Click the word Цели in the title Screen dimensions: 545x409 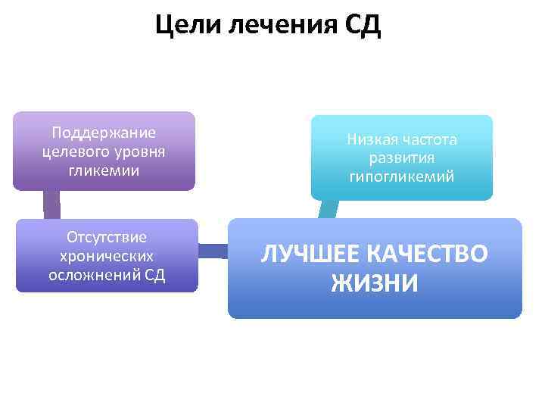(x=185, y=27)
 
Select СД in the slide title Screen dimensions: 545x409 (x=363, y=27)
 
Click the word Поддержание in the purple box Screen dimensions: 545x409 (x=104, y=133)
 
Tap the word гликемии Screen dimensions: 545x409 (x=104, y=170)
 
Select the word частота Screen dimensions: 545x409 (x=431, y=139)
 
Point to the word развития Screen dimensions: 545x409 (x=402, y=158)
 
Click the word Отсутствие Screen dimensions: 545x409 (x=107, y=237)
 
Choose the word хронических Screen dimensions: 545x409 (x=107, y=255)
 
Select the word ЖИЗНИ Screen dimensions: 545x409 (x=375, y=283)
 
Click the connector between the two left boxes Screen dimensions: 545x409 (x=51, y=204)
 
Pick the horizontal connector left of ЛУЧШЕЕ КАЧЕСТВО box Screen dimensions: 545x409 (x=213, y=251)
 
